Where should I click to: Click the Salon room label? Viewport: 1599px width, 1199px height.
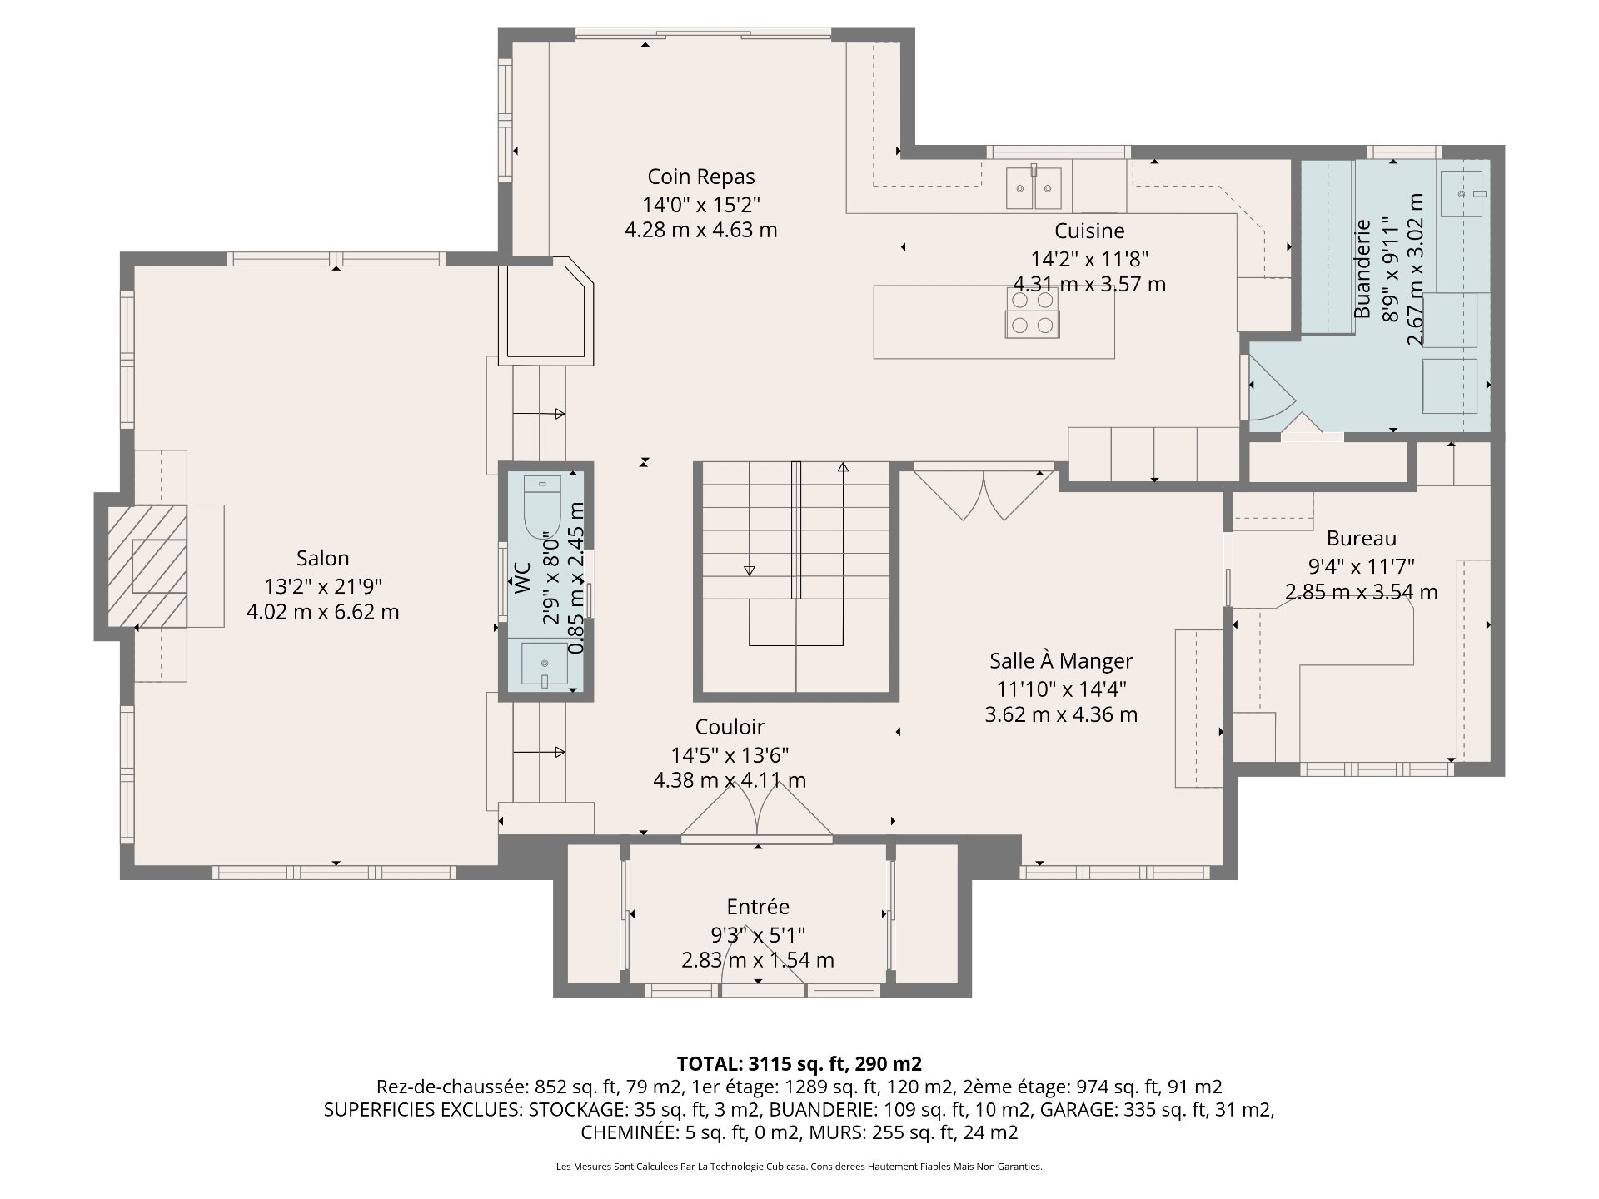click(322, 558)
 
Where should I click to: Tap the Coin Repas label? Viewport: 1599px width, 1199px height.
click(701, 177)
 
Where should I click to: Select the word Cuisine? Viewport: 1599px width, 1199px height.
click(1089, 231)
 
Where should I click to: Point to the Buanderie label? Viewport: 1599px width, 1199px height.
click(1362, 268)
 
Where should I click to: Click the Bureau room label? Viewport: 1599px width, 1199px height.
click(1362, 539)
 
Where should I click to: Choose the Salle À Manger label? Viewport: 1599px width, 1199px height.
click(1061, 660)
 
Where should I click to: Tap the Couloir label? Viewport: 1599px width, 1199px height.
click(730, 727)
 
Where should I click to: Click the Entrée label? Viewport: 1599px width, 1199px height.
click(758, 907)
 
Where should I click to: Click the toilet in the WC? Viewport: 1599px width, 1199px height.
click(544, 505)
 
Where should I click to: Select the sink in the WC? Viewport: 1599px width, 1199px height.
click(545, 664)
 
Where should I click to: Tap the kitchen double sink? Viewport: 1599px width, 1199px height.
click(1034, 187)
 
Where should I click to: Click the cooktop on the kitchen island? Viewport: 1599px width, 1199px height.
click(1033, 312)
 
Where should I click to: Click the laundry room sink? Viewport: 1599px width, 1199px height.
click(1463, 194)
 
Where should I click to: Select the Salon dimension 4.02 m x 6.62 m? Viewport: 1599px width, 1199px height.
click(322, 612)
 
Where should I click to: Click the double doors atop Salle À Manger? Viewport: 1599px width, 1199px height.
click(984, 494)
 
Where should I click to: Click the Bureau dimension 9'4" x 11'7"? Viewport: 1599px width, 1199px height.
click(1362, 566)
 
